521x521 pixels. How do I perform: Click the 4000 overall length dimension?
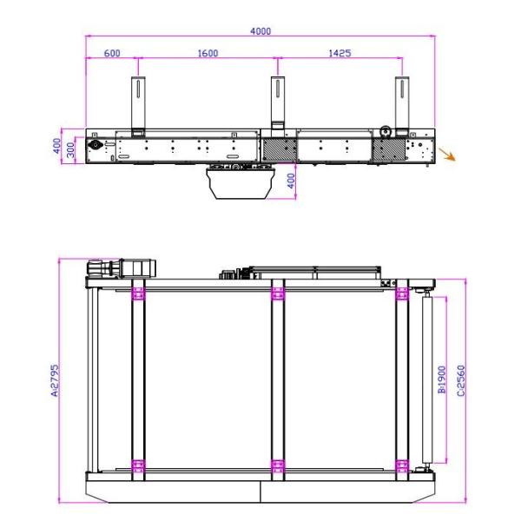click(260, 31)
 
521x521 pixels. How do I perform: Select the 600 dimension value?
click(112, 53)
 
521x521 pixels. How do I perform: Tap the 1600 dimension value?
click(208, 53)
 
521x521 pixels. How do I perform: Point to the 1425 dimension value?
click(340, 53)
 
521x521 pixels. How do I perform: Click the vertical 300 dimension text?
click(70, 150)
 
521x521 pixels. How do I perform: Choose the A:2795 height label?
click(55, 380)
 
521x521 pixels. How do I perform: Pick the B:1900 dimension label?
click(442, 379)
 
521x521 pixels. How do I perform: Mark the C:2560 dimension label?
click(461, 380)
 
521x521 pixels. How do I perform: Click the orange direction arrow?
click(447, 155)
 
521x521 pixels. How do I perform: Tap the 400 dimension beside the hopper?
click(291, 181)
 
